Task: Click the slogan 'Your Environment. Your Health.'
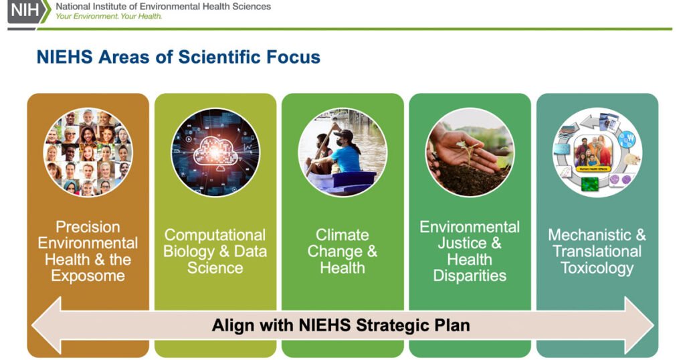[x=108, y=16]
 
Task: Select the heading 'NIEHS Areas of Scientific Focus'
[x=178, y=58]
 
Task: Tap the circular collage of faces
[x=88, y=152]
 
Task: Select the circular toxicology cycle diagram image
[x=597, y=152]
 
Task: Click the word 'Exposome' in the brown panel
[x=88, y=276]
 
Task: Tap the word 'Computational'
[x=215, y=236]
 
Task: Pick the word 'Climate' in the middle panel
[x=341, y=236]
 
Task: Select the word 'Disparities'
[x=470, y=276]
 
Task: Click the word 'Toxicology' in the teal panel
[x=597, y=268]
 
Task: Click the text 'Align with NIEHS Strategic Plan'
[x=340, y=326]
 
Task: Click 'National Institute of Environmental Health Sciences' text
[x=163, y=6]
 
